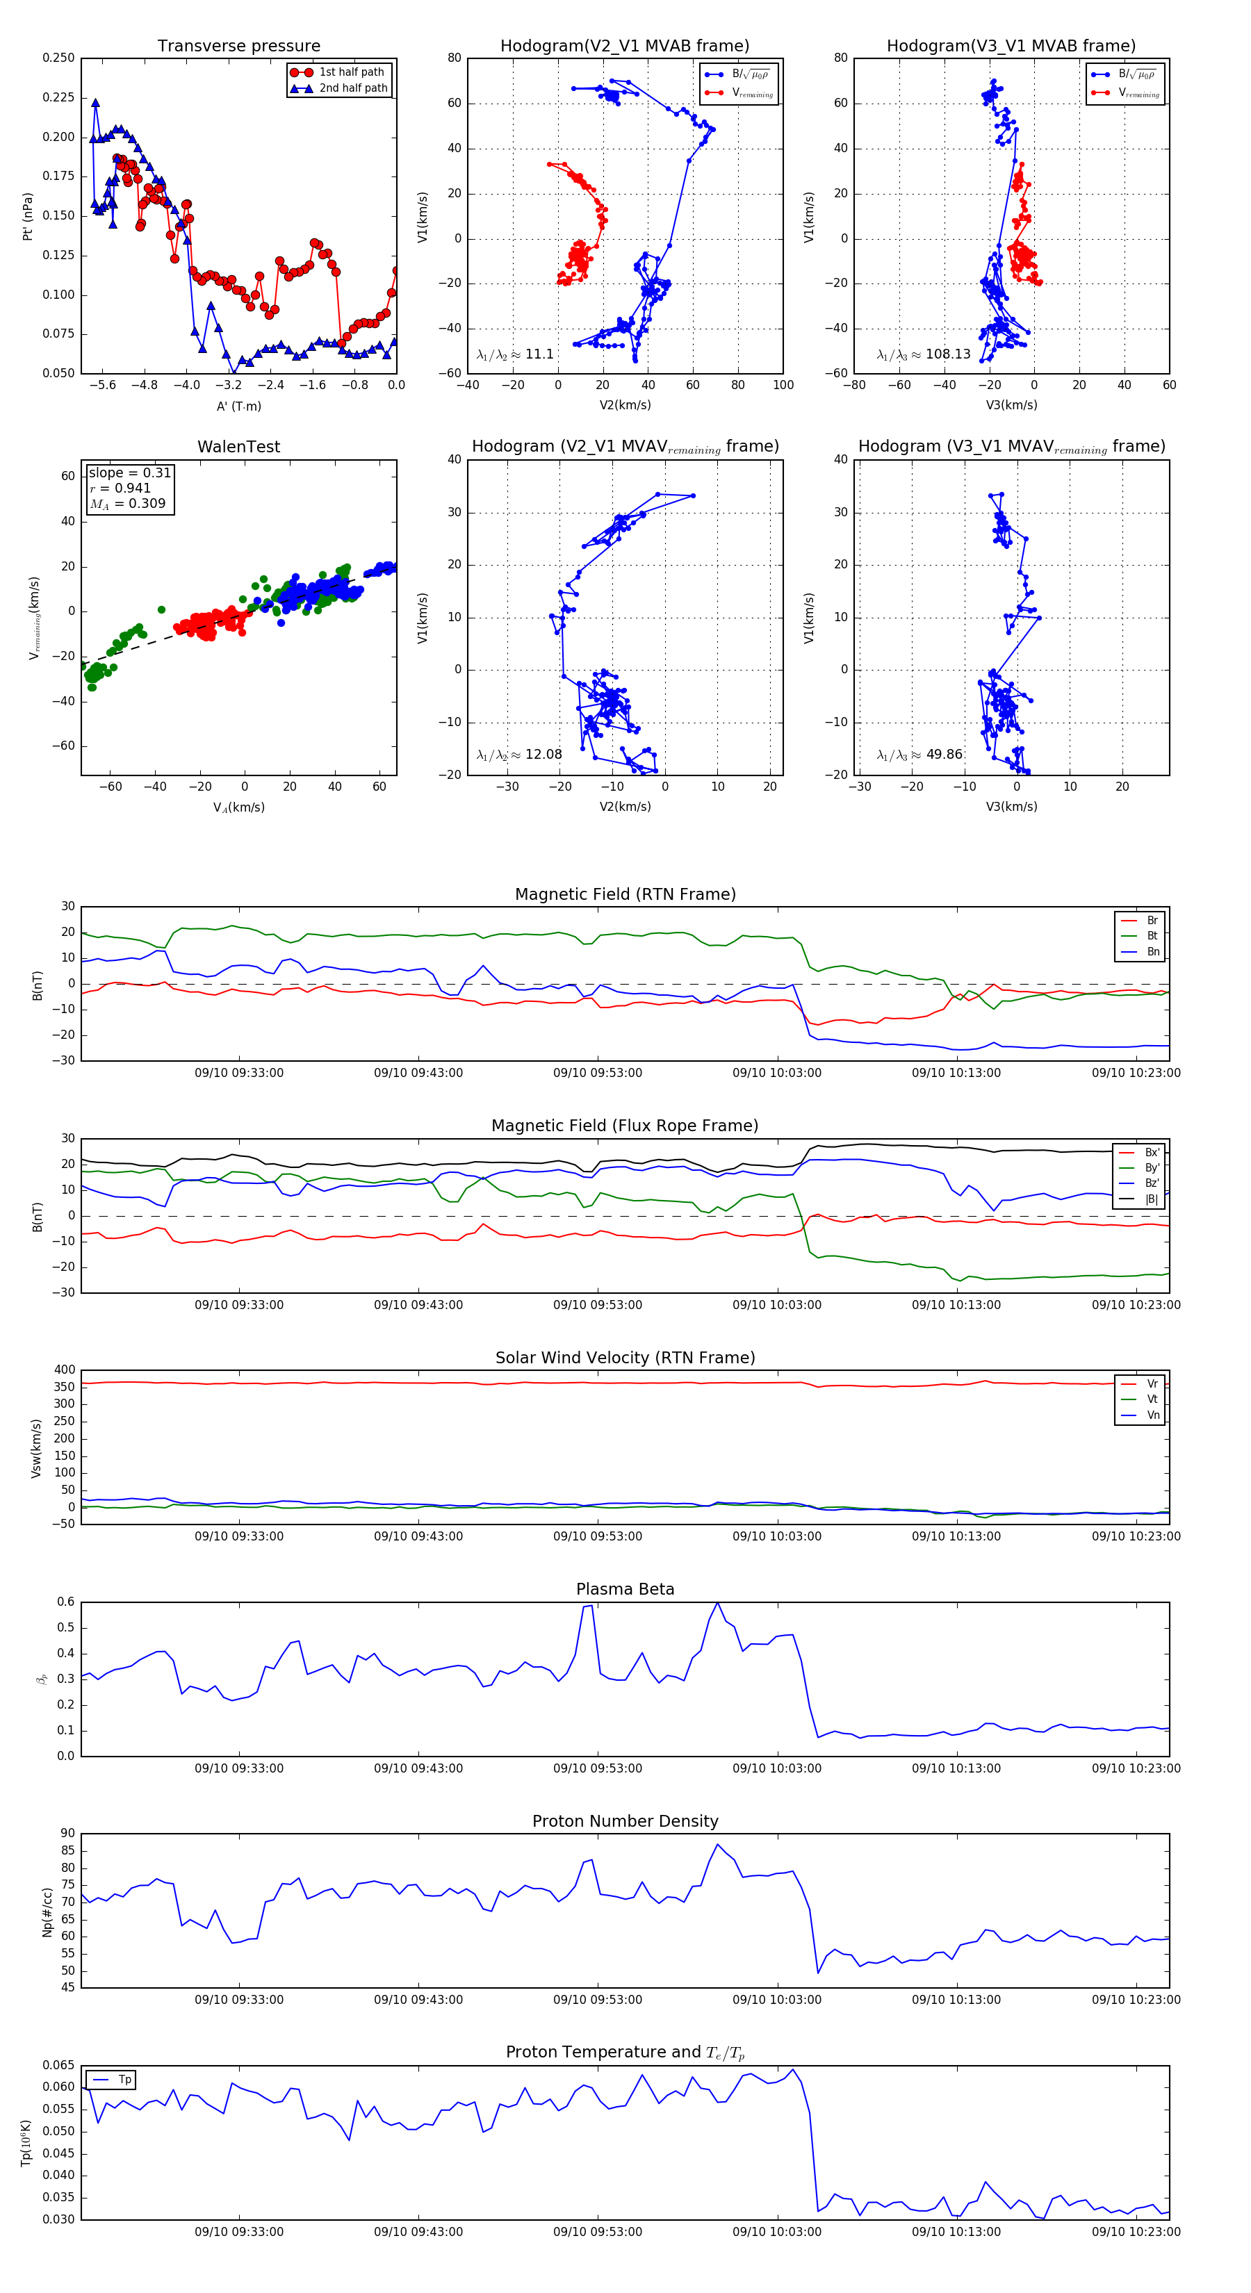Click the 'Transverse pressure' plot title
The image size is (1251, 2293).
tap(238, 47)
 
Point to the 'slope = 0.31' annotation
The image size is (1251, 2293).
tap(129, 472)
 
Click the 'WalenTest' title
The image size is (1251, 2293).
tap(238, 447)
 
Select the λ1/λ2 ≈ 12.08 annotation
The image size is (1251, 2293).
tap(519, 755)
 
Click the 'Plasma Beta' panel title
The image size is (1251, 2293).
tap(625, 1590)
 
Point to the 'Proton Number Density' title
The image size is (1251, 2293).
tap(625, 1821)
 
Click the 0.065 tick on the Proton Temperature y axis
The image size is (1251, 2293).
tap(59, 2065)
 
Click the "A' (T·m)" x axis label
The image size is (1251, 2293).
tap(238, 406)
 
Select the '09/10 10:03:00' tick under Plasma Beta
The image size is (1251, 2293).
tap(776, 1768)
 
